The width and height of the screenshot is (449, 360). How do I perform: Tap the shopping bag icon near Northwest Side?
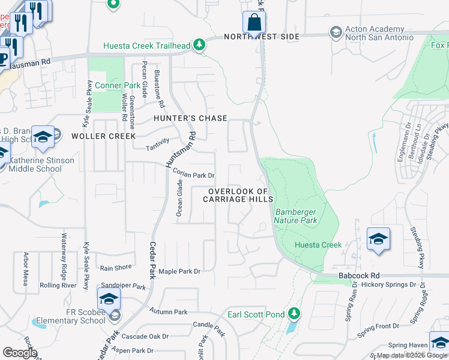(254, 23)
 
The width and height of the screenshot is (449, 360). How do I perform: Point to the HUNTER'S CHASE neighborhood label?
(190, 118)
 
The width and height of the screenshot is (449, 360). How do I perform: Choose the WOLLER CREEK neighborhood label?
(104, 136)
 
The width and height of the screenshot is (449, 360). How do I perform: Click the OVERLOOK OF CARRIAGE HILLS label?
(241, 195)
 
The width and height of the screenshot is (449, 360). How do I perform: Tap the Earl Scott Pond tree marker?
(294, 313)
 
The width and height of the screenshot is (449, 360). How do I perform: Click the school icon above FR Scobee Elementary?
(109, 299)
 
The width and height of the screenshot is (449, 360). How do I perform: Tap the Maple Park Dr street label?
(179, 271)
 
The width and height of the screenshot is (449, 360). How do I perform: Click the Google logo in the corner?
(20, 353)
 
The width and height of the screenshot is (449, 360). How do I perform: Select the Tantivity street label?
(159, 148)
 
